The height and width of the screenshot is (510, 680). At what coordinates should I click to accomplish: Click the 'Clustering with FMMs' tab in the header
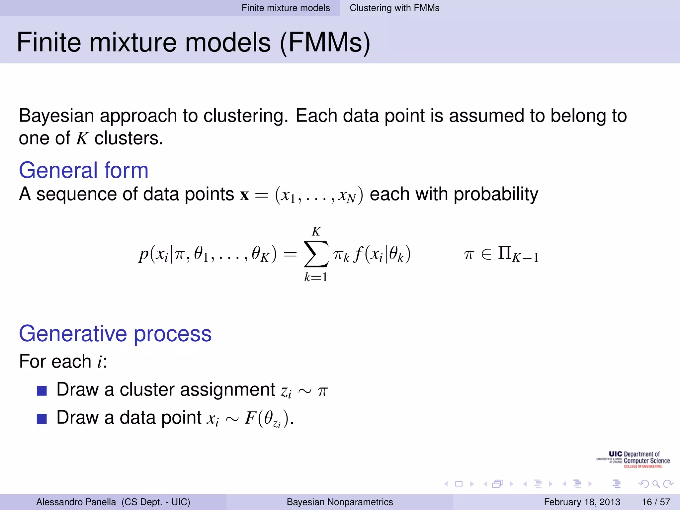(394, 8)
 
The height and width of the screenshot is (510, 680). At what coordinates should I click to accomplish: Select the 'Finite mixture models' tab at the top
(286, 8)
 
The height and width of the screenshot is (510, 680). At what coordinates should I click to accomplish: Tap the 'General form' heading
(83, 170)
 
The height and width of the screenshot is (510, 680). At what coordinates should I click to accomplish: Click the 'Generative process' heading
(115, 333)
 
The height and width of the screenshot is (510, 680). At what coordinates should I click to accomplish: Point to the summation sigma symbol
(316, 254)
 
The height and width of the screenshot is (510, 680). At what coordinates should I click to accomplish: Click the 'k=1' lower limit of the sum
(316, 277)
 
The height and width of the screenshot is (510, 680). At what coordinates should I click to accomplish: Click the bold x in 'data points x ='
(244, 195)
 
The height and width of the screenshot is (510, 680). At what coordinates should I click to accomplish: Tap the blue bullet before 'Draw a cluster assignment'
(42, 391)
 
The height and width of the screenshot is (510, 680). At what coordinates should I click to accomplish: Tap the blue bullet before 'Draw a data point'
(42, 419)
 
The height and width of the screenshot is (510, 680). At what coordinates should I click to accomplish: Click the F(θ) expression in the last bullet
(267, 418)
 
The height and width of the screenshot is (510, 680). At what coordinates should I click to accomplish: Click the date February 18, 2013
(582, 502)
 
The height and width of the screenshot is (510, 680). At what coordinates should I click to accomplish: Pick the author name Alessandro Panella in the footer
(76, 502)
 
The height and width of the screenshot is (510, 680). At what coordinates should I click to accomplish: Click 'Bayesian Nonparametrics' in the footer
(340, 502)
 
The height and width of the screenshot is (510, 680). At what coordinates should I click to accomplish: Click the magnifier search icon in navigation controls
(656, 484)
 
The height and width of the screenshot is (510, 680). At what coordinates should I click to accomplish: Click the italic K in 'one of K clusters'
(82, 138)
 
